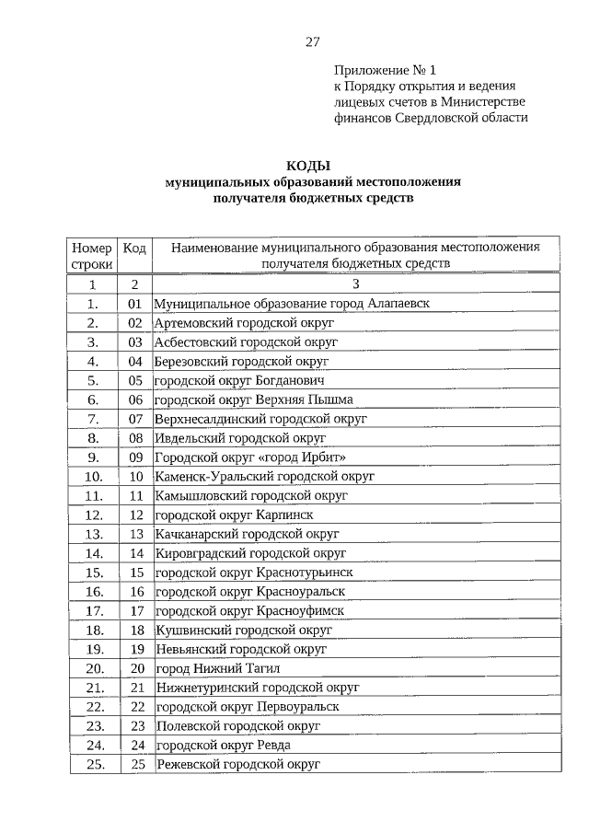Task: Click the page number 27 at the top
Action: point(312,41)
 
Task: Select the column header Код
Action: point(135,248)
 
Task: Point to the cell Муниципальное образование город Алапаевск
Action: point(293,303)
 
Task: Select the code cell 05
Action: point(135,380)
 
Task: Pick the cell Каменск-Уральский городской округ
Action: point(264,477)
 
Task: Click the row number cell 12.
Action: point(93,515)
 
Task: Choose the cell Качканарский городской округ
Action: point(247,534)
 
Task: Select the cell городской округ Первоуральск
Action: point(247,707)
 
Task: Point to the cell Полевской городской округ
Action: point(237,725)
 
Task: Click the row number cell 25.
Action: point(93,764)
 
